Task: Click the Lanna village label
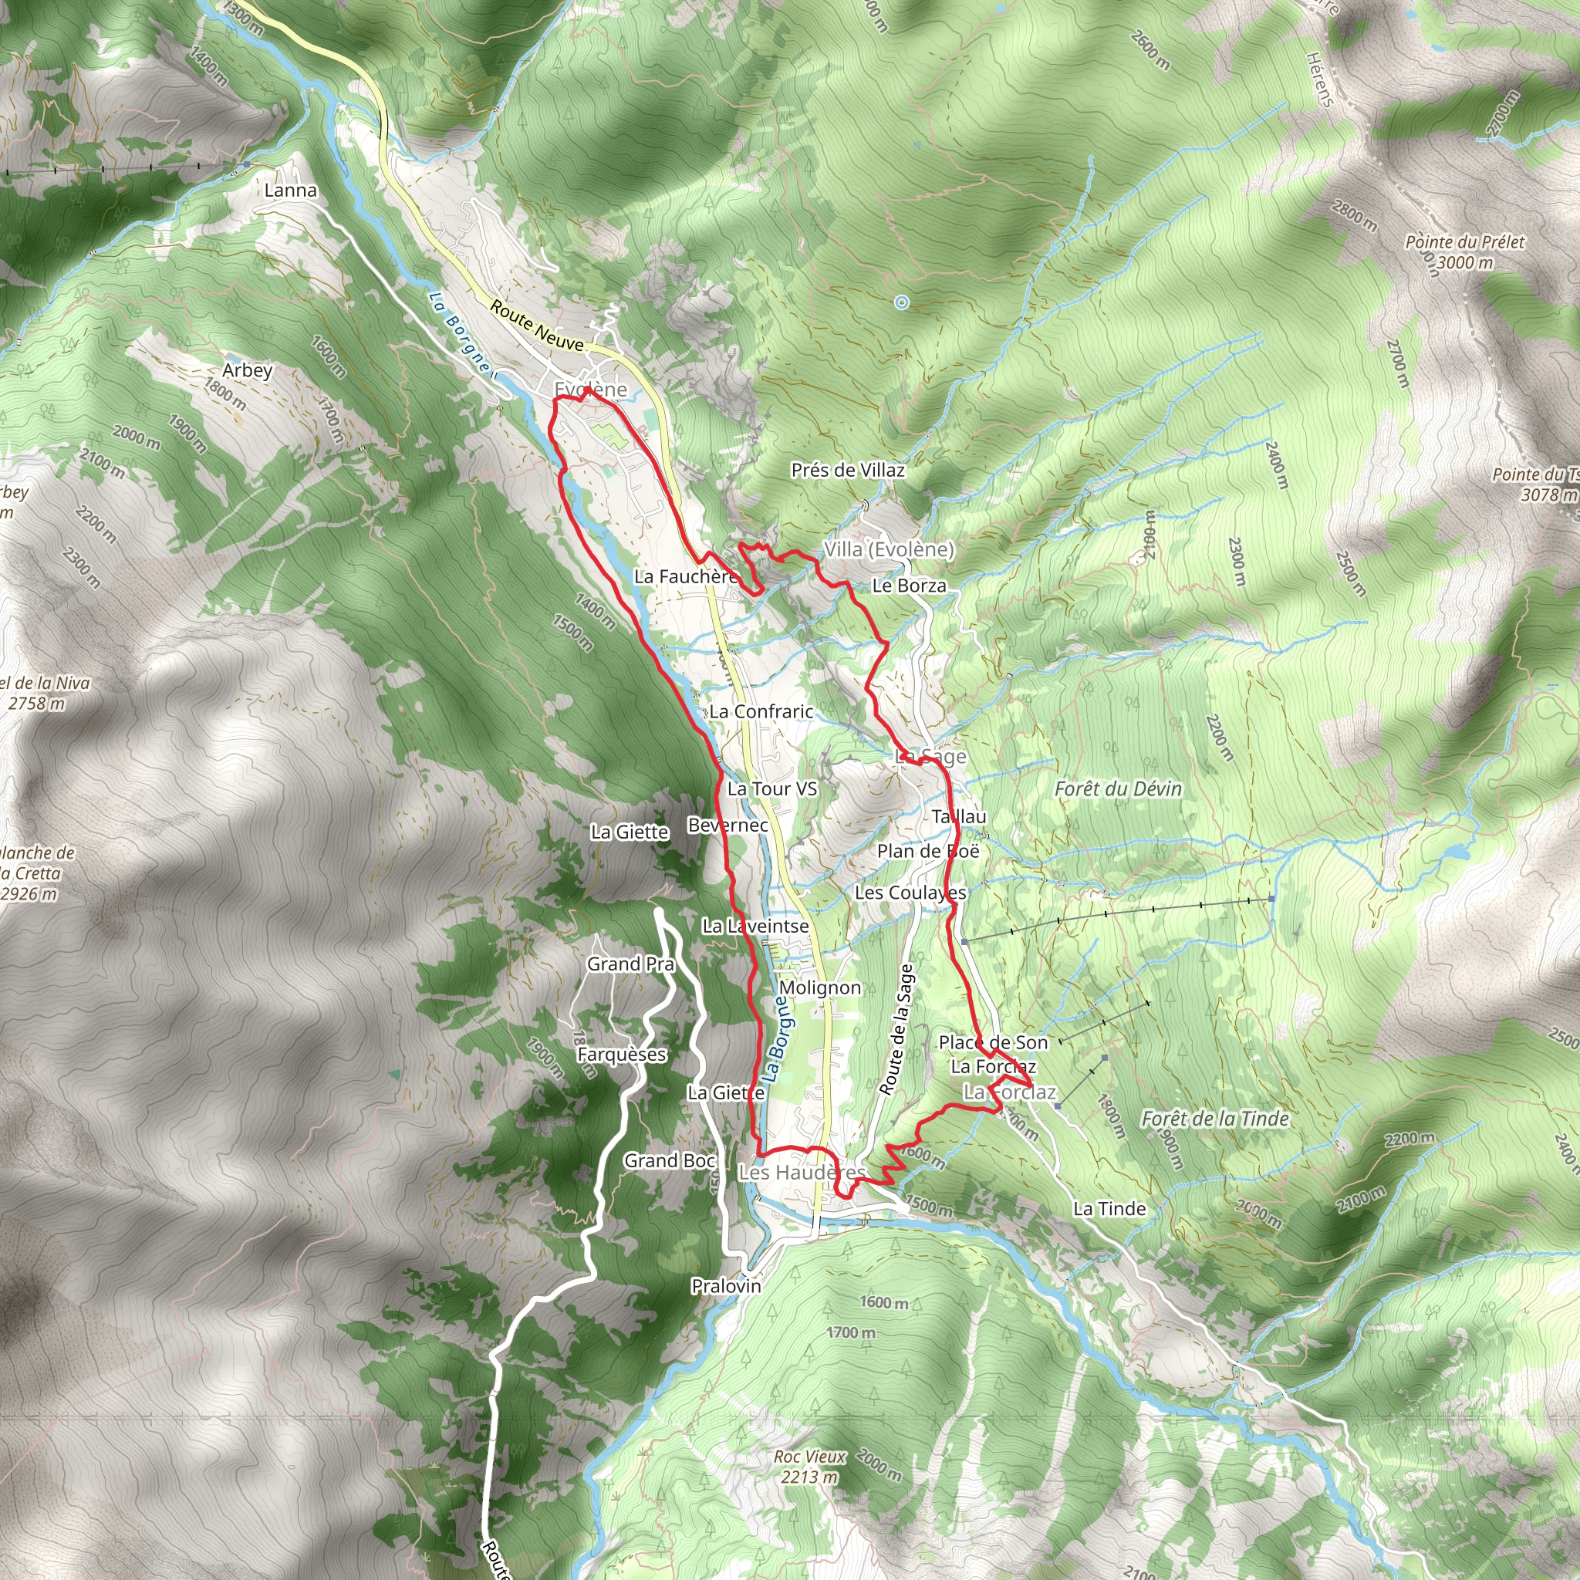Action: [x=290, y=191]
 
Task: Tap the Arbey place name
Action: [x=247, y=370]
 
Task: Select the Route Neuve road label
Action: [x=536, y=326]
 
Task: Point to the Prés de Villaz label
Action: [x=848, y=471]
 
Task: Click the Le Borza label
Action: [x=909, y=586]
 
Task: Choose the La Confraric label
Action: [x=761, y=711]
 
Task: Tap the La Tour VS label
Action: [x=772, y=788]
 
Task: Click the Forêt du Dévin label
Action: [x=1118, y=788]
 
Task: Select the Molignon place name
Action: [x=819, y=988]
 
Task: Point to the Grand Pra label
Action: [x=630, y=964]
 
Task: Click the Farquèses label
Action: [x=622, y=1055]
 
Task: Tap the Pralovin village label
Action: [x=726, y=1286]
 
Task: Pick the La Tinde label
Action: [x=1109, y=1209]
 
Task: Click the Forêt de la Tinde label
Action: [x=1215, y=1119]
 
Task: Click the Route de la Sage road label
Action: [x=896, y=1031]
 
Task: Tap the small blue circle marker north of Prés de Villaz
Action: [x=901, y=302]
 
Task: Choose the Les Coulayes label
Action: [x=910, y=893]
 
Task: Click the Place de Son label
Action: [x=993, y=1043]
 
